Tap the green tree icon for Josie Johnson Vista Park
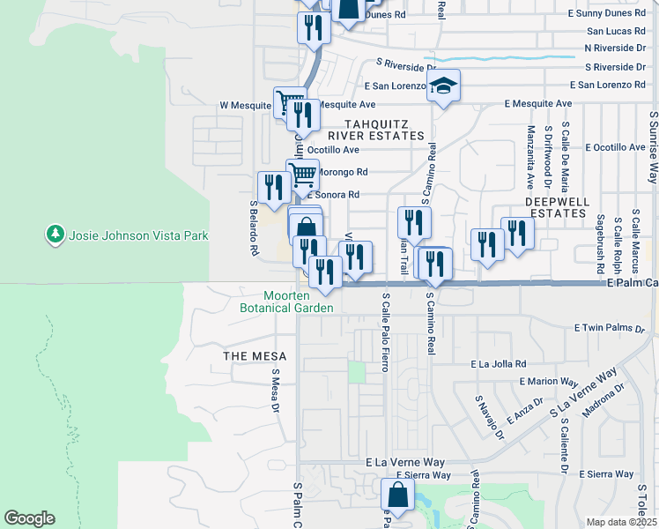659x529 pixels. (55, 235)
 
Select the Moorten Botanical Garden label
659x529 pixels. (287, 302)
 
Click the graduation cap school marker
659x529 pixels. (444, 86)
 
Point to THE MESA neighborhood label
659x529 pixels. (251, 355)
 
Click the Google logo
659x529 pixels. (29, 518)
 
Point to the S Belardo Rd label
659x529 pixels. (254, 227)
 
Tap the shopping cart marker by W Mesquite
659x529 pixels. (288, 101)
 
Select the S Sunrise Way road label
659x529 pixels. (653, 147)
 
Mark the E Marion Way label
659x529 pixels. (548, 382)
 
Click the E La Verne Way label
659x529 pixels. (405, 462)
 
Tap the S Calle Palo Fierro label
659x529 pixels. (386, 327)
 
